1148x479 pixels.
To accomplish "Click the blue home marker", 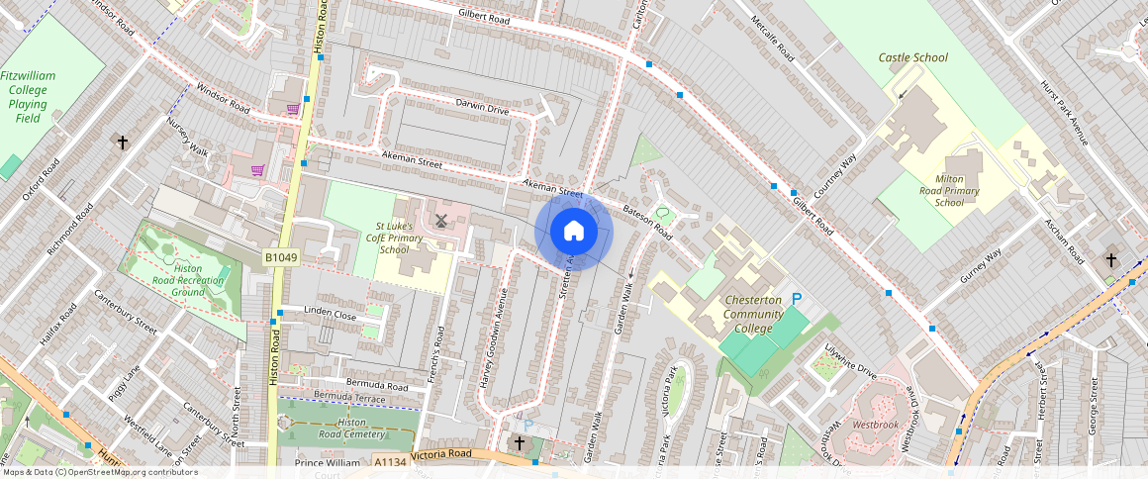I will click(574, 232).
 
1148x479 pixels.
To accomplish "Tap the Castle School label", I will click(912, 57).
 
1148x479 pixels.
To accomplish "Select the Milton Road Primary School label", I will click(949, 183).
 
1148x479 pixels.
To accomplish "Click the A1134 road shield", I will click(391, 461).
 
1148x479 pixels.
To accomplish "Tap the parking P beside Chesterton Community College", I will click(796, 299).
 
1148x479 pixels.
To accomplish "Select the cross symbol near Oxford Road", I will click(123, 144).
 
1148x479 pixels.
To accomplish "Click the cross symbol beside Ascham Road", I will click(1110, 260).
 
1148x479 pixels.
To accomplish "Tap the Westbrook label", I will click(875, 425).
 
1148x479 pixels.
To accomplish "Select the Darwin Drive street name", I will click(482, 107).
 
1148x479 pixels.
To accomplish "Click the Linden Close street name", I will click(330, 314).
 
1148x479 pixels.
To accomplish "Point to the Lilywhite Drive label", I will click(850, 363).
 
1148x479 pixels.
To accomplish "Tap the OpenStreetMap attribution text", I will click(99, 472).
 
